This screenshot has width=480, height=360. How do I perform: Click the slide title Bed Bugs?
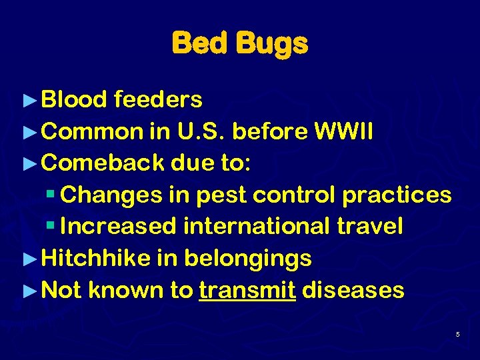[240, 43]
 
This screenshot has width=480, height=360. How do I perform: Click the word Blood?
[74, 99]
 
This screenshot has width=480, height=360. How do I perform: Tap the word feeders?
[158, 99]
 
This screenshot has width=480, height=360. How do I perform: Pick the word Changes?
[109, 195]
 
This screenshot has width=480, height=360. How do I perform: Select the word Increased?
[118, 226]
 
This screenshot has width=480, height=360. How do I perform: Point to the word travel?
[370, 226]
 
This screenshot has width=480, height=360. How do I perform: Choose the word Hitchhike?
[96, 258]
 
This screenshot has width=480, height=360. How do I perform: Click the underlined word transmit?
[247, 290]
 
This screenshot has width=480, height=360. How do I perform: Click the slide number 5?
[458, 333]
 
